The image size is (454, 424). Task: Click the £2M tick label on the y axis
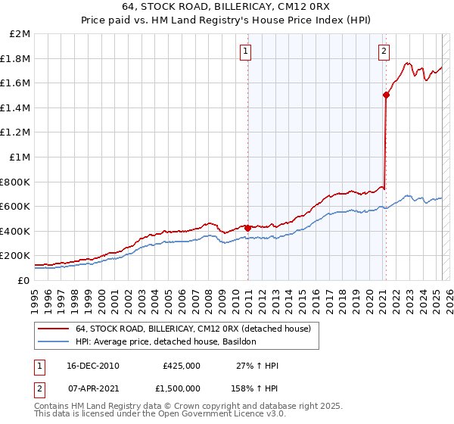tap(20, 34)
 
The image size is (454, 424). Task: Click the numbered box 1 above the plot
tap(247, 51)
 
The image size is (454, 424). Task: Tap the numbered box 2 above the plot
tap(384, 51)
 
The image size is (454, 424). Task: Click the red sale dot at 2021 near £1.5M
tap(386, 95)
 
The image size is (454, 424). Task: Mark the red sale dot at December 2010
tap(248, 227)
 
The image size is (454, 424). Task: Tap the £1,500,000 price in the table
tap(179, 388)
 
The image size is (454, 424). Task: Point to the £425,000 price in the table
tap(182, 366)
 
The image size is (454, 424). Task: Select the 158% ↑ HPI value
tap(255, 388)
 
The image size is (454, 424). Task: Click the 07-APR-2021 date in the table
tap(93, 388)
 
